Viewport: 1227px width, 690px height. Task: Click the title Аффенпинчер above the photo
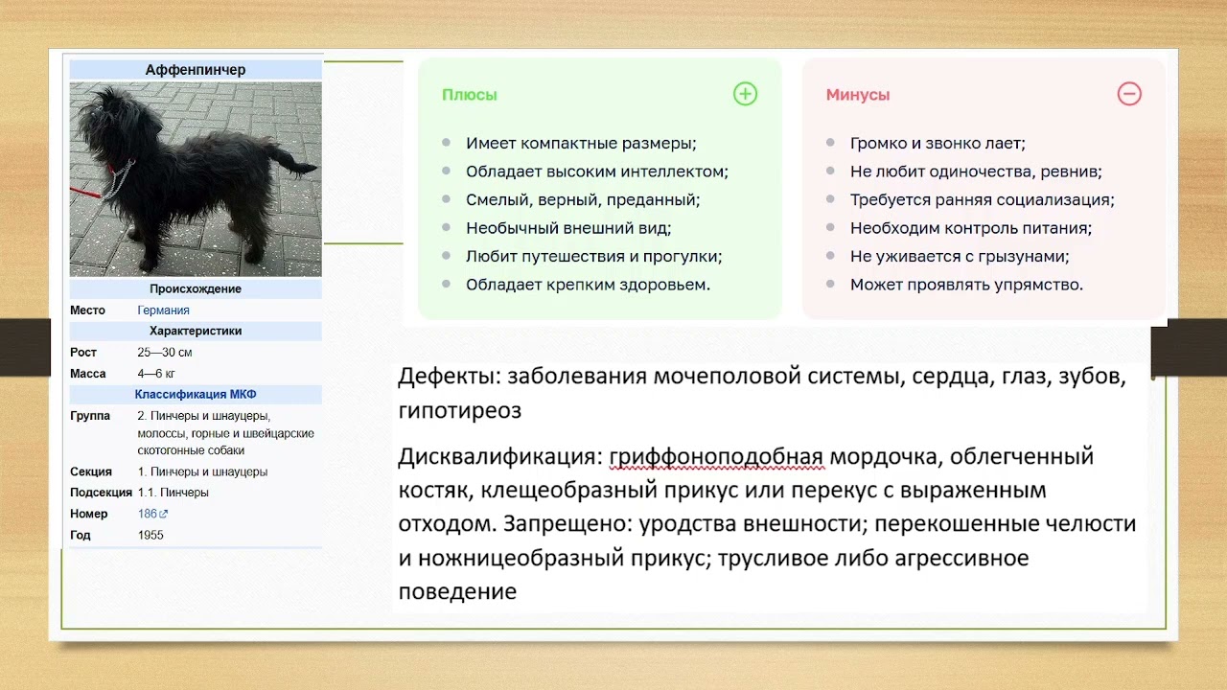[x=196, y=70]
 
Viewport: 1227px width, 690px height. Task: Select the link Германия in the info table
[x=163, y=310]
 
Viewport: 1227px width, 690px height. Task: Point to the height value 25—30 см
[x=165, y=353]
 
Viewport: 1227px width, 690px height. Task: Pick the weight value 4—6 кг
[x=156, y=374]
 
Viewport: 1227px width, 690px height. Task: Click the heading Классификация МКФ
[x=196, y=395]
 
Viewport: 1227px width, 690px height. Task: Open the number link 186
[x=147, y=514]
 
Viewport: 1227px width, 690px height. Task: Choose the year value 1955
[x=150, y=535]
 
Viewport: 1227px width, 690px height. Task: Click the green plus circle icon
[x=745, y=94]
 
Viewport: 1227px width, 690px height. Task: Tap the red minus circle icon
[x=1129, y=94]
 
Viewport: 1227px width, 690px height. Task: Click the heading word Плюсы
[x=470, y=95]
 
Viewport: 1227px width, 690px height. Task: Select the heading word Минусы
[x=858, y=95]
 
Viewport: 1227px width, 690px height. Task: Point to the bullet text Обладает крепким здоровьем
[x=588, y=285]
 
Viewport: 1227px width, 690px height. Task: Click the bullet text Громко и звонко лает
[x=938, y=144]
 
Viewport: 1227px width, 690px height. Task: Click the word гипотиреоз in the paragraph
[x=460, y=411]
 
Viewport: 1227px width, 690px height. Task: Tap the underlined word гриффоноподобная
[x=716, y=457]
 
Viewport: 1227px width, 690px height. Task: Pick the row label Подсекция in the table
[x=101, y=493]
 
